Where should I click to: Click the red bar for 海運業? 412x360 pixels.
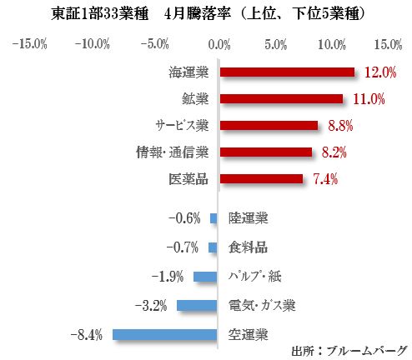286,72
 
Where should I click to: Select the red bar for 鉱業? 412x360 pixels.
280,99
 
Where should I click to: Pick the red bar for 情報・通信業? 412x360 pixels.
265,152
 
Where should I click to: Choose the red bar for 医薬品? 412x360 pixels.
260,178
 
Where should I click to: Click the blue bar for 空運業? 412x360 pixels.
165,335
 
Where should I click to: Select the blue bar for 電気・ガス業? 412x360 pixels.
196,306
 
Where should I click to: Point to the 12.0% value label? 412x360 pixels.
379,73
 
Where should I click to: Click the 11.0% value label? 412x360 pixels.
368,100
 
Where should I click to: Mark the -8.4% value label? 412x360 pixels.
88,335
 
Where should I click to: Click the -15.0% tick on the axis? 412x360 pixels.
29,43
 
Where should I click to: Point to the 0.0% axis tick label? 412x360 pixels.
219,43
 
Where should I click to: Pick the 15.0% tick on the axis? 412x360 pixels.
388,43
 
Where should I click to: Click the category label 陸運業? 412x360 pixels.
249,218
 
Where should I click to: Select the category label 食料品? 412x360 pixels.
249,247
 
